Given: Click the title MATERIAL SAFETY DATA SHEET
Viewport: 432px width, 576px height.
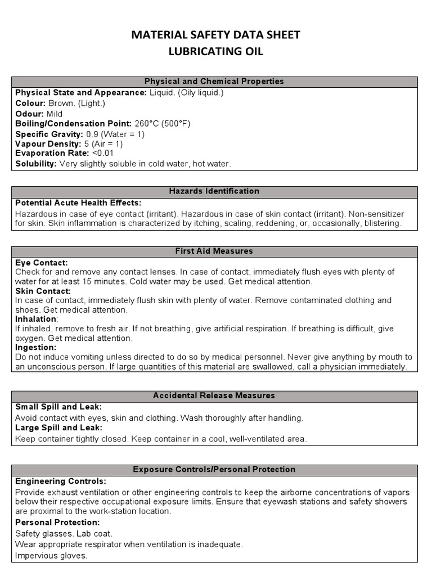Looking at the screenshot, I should tap(215, 35).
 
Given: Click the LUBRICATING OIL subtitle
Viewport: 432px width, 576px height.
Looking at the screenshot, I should tap(215, 52).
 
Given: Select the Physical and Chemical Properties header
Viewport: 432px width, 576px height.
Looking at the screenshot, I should tap(214, 82).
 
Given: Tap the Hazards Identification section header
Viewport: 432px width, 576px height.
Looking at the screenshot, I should tap(214, 191).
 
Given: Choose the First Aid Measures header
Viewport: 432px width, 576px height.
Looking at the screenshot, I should tap(214, 251).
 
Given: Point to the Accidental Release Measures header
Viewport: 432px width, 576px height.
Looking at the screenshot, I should tap(214, 396).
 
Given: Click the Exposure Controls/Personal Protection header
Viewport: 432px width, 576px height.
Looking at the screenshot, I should tap(214, 469).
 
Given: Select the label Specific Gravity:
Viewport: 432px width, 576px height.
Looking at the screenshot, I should tap(49, 134).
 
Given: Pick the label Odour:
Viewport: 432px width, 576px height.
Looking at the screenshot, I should tap(30, 114).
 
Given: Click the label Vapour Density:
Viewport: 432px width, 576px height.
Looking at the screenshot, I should tap(48, 143).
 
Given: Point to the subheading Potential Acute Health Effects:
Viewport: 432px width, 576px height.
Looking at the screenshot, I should tap(78, 202).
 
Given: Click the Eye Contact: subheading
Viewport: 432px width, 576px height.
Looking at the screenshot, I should tap(42, 263).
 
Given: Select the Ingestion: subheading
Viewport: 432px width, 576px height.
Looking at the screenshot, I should tap(37, 348).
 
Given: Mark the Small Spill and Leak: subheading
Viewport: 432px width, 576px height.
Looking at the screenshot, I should tap(58, 407).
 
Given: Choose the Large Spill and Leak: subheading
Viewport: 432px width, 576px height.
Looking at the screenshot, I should tap(59, 427).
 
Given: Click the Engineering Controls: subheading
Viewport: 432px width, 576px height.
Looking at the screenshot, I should tap(60, 481).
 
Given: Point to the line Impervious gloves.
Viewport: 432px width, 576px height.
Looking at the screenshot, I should tap(52, 555).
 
